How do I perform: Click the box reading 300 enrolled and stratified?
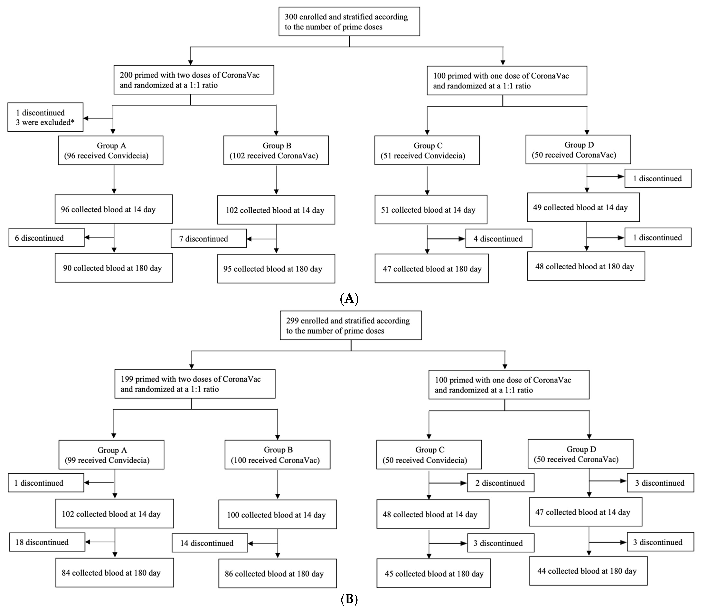click(349, 21)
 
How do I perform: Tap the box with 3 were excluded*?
click(45, 117)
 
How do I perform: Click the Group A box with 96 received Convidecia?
click(111, 150)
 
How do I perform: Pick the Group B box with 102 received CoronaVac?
click(276, 150)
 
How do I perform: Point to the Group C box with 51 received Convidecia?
click(427, 150)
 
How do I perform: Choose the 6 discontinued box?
click(46, 238)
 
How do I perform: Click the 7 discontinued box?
click(208, 238)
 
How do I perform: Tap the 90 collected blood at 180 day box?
click(114, 268)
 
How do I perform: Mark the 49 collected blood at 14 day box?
click(583, 207)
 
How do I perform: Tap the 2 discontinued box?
click(500, 483)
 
